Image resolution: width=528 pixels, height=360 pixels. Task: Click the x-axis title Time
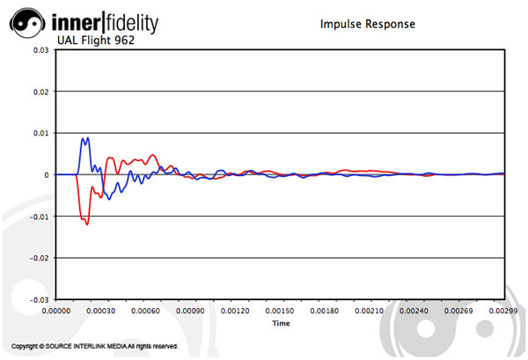pyautogui.click(x=281, y=323)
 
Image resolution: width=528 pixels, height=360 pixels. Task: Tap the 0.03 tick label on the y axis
pyautogui.click(x=40, y=50)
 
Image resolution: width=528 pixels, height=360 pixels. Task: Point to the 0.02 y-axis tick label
pyautogui.click(x=40, y=92)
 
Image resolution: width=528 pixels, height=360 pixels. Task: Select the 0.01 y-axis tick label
pyautogui.click(x=40, y=133)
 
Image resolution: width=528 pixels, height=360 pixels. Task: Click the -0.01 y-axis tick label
pyautogui.click(x=38, y=217)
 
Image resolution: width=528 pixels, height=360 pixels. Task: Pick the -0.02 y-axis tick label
pyautogui.click(x=38, y=258)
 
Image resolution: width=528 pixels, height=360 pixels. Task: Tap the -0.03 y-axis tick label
pyautogui.click(x=38, y=299)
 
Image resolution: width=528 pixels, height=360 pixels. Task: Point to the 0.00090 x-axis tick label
pyautogui.click(x=190, y=311)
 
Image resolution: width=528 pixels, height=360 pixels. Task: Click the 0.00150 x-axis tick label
pyautogui.click(x=280, y=311)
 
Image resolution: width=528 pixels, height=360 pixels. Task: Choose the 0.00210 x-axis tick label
pyautogui.click(x=370, y=311)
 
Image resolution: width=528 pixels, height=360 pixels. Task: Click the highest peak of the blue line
pyautogui.click(x=84, y=138)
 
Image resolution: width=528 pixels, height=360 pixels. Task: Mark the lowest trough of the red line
pyautogui.click(x=87, y=224)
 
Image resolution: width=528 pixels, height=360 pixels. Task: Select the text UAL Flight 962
pyautogui.click(x=95, y=40)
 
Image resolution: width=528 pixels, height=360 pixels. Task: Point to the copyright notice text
pyautogui.click(x=96, y=346)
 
